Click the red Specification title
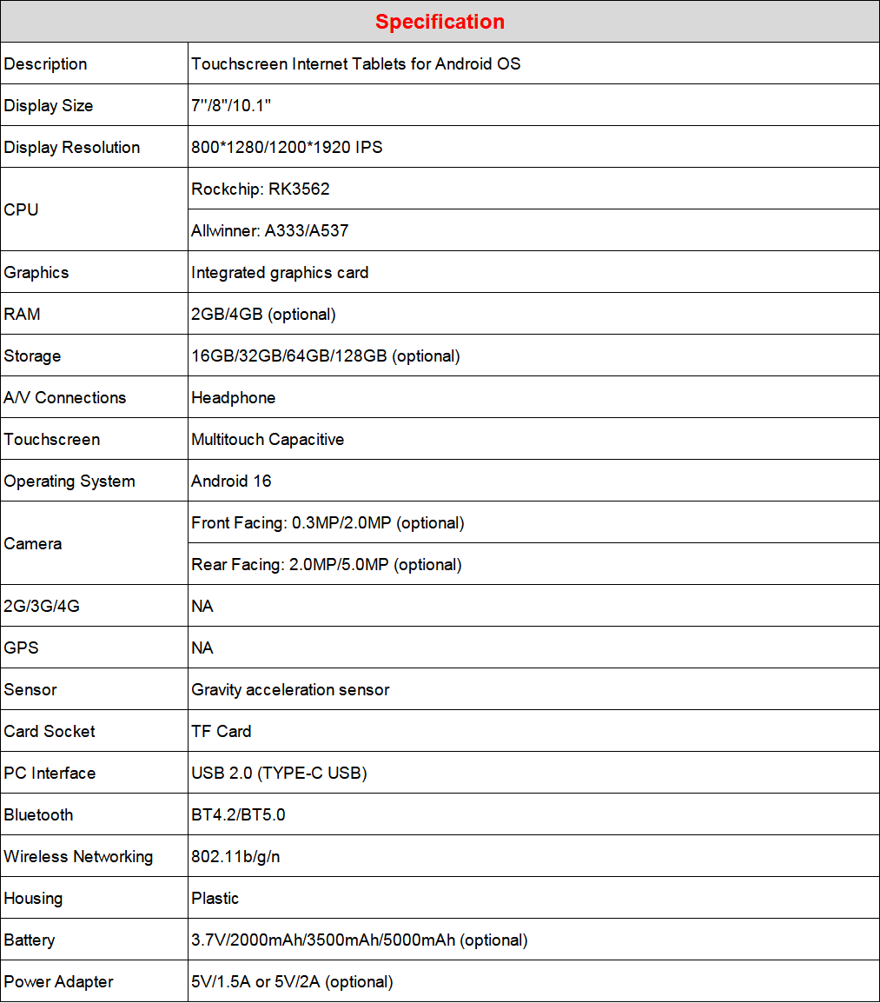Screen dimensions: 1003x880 click(440, 22)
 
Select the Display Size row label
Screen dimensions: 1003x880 click(49, 106)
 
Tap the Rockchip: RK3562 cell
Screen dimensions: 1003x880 click(261, 189)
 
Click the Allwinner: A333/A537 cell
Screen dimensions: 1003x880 click(270, 231)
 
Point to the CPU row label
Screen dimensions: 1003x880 click(22, 210)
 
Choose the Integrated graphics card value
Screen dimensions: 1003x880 click(280, 273)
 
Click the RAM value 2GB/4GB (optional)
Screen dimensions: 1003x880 click(263, 315)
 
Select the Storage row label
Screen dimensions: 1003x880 click(33, 356)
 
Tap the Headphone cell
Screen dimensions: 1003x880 click(234, 398)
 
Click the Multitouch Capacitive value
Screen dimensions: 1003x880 click(268, 440)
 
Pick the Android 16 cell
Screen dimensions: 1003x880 click(232, 482)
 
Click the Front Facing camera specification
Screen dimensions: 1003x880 click(328, 523)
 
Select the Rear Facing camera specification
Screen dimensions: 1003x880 click(327, 565)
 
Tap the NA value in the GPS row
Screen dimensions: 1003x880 click(202, 648)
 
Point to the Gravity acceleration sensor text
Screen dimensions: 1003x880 click(290, 690)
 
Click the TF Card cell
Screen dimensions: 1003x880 click(222, 732)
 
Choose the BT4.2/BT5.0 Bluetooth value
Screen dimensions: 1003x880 click(238, 815)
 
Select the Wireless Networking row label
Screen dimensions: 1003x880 click(78, 857)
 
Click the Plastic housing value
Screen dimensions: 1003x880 click(215, 899)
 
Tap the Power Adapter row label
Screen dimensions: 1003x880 click(59, 982)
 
